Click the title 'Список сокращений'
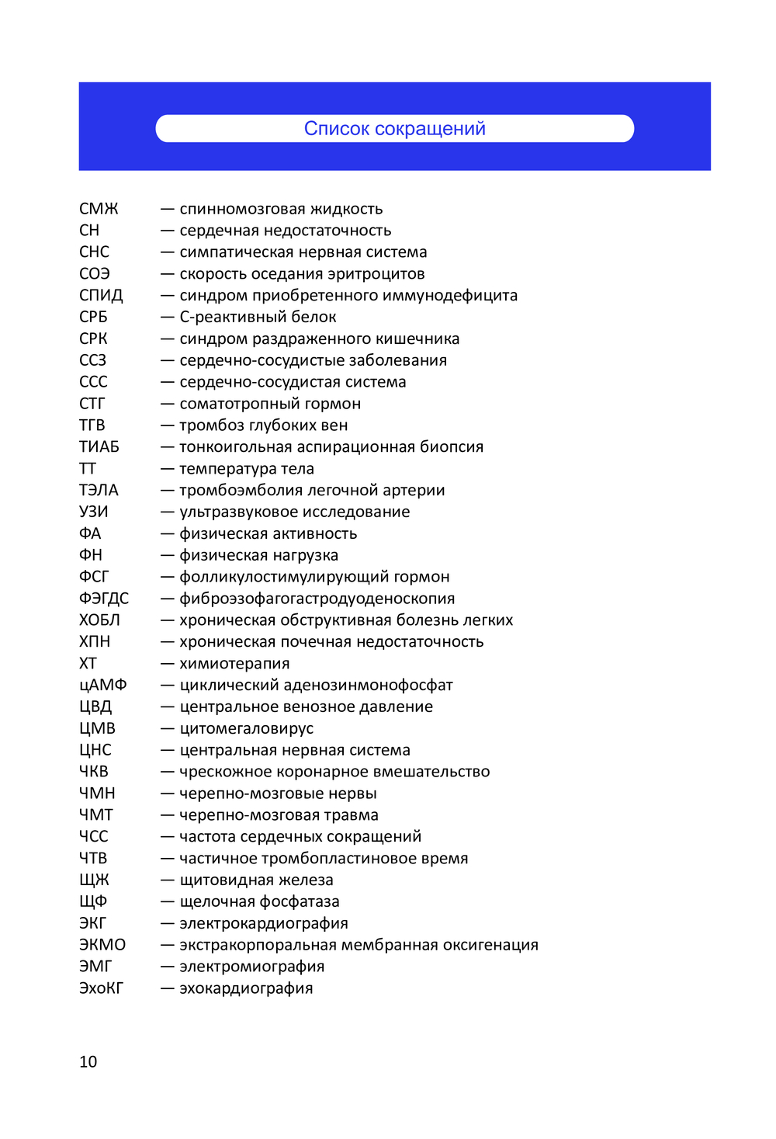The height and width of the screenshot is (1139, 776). tap(394, 129)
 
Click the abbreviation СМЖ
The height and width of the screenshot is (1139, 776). tap(99, 209)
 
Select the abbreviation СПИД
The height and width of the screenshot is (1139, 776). tap(101, 296)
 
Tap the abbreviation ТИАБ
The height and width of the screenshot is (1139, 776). tap(99, 447)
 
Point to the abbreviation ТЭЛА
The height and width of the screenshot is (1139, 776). tap(99, 491)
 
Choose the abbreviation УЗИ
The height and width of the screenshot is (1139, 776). tap(94, 512)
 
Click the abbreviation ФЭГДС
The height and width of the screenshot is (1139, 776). tap(104, 599)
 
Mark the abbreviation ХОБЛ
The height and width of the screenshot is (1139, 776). tap(99, 620)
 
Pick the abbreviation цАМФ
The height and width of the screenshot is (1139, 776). tap(102, 686)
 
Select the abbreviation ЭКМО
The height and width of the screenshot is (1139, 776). tap(102, 945)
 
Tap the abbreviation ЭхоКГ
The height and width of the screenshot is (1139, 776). tap(101, 988)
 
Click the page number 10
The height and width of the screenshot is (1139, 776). tap(88, 1062)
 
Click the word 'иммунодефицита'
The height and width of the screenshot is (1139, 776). tap(457, 296)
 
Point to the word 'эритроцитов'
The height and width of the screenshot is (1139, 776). tap(376, 274)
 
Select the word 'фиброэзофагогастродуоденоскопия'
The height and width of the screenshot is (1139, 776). tap(317, 599)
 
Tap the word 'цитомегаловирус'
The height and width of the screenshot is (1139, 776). tap(246, 729)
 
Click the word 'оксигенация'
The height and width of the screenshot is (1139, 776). tap(490, 945)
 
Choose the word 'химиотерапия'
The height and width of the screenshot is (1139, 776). tap(234, 664)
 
